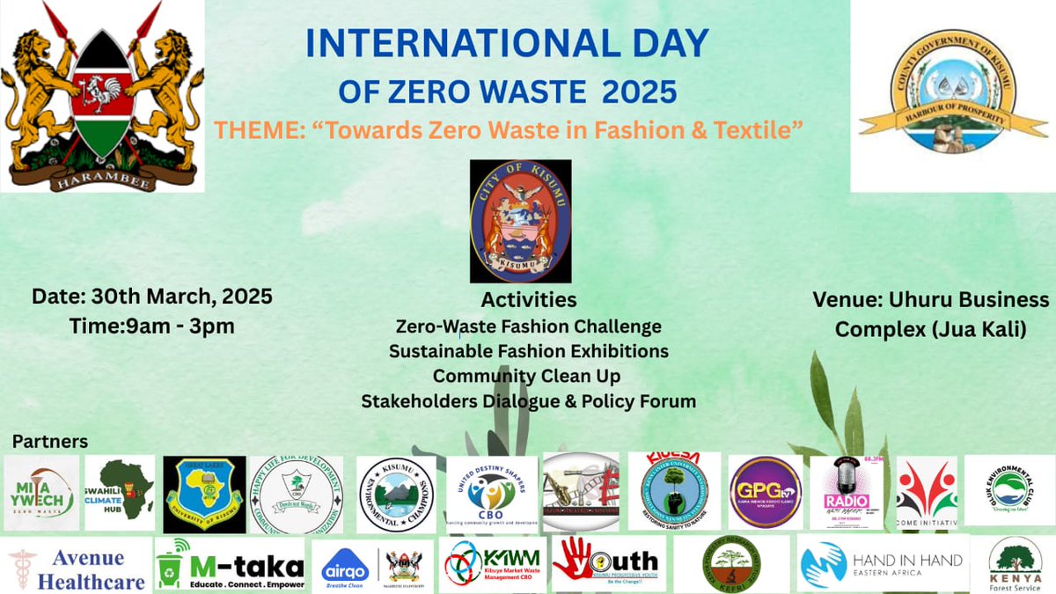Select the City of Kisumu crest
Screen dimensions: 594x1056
(x=520, y=221)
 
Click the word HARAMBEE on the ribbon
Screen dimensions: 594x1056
(x=102, y=182)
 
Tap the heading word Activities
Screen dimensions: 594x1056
(x=529, y=300)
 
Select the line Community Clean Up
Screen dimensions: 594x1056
(x=527, y=376)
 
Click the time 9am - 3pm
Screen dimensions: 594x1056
(x=151, y=325)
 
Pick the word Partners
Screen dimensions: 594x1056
(x=50, y=440)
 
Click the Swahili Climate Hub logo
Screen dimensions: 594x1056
(x=120, y=493)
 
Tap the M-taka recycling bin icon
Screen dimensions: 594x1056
(x=174, y=564)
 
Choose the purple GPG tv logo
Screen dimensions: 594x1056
(x=765, y=492)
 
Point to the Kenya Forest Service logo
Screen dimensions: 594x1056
(x=1016, y=564)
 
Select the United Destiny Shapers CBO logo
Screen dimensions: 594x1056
(x=491, y=493)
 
